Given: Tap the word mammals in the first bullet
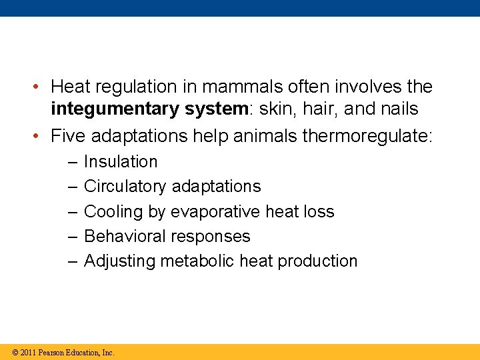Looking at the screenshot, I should (x=233, y=87).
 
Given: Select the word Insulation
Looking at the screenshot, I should (x=121, y=162).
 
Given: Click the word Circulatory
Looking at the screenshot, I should (x=125, y=187).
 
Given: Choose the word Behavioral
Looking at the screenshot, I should (x=125, y=237).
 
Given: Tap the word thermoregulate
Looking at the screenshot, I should (x=367, y=137).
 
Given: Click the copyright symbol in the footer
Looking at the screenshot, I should (x=15, y=353).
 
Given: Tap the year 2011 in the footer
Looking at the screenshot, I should (x=28, y=353).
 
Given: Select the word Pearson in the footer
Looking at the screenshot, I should (x=51, y=353).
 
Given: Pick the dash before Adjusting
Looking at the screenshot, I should (x=71, y=262).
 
